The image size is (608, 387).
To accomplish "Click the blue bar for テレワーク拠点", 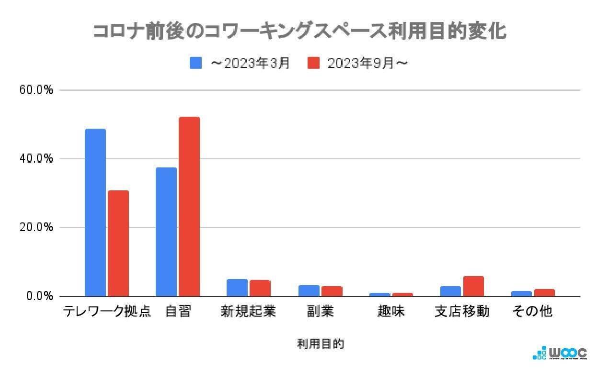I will [95, 212].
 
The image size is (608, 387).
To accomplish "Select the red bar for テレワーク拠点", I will [118, 243].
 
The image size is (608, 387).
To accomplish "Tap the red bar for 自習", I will [189, 207].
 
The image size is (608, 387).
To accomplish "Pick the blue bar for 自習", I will [166, 232].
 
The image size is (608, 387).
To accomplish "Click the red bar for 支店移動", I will [473, 286].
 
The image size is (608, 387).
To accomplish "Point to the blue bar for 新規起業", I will [237, 287].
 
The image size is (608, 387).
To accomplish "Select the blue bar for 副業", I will [308, 290].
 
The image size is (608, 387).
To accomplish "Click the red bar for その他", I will [544, 292].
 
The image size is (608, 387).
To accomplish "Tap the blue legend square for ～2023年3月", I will [195, 63].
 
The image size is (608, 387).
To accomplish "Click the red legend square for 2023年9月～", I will [313, 63].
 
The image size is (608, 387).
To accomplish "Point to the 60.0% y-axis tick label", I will [37, 90].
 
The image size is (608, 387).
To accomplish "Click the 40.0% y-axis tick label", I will [37, 159].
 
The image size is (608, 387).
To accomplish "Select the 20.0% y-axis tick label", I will [37, 228].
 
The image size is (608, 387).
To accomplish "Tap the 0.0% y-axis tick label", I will [39, 297].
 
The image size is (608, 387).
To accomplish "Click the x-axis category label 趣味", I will [391, 311].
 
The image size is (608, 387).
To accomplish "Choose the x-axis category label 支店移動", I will [462, 311].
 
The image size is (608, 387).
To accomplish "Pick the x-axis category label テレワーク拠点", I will [106, 311].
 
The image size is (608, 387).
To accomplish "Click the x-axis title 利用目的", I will [320, 343].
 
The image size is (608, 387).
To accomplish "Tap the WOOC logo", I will [560, 353].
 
